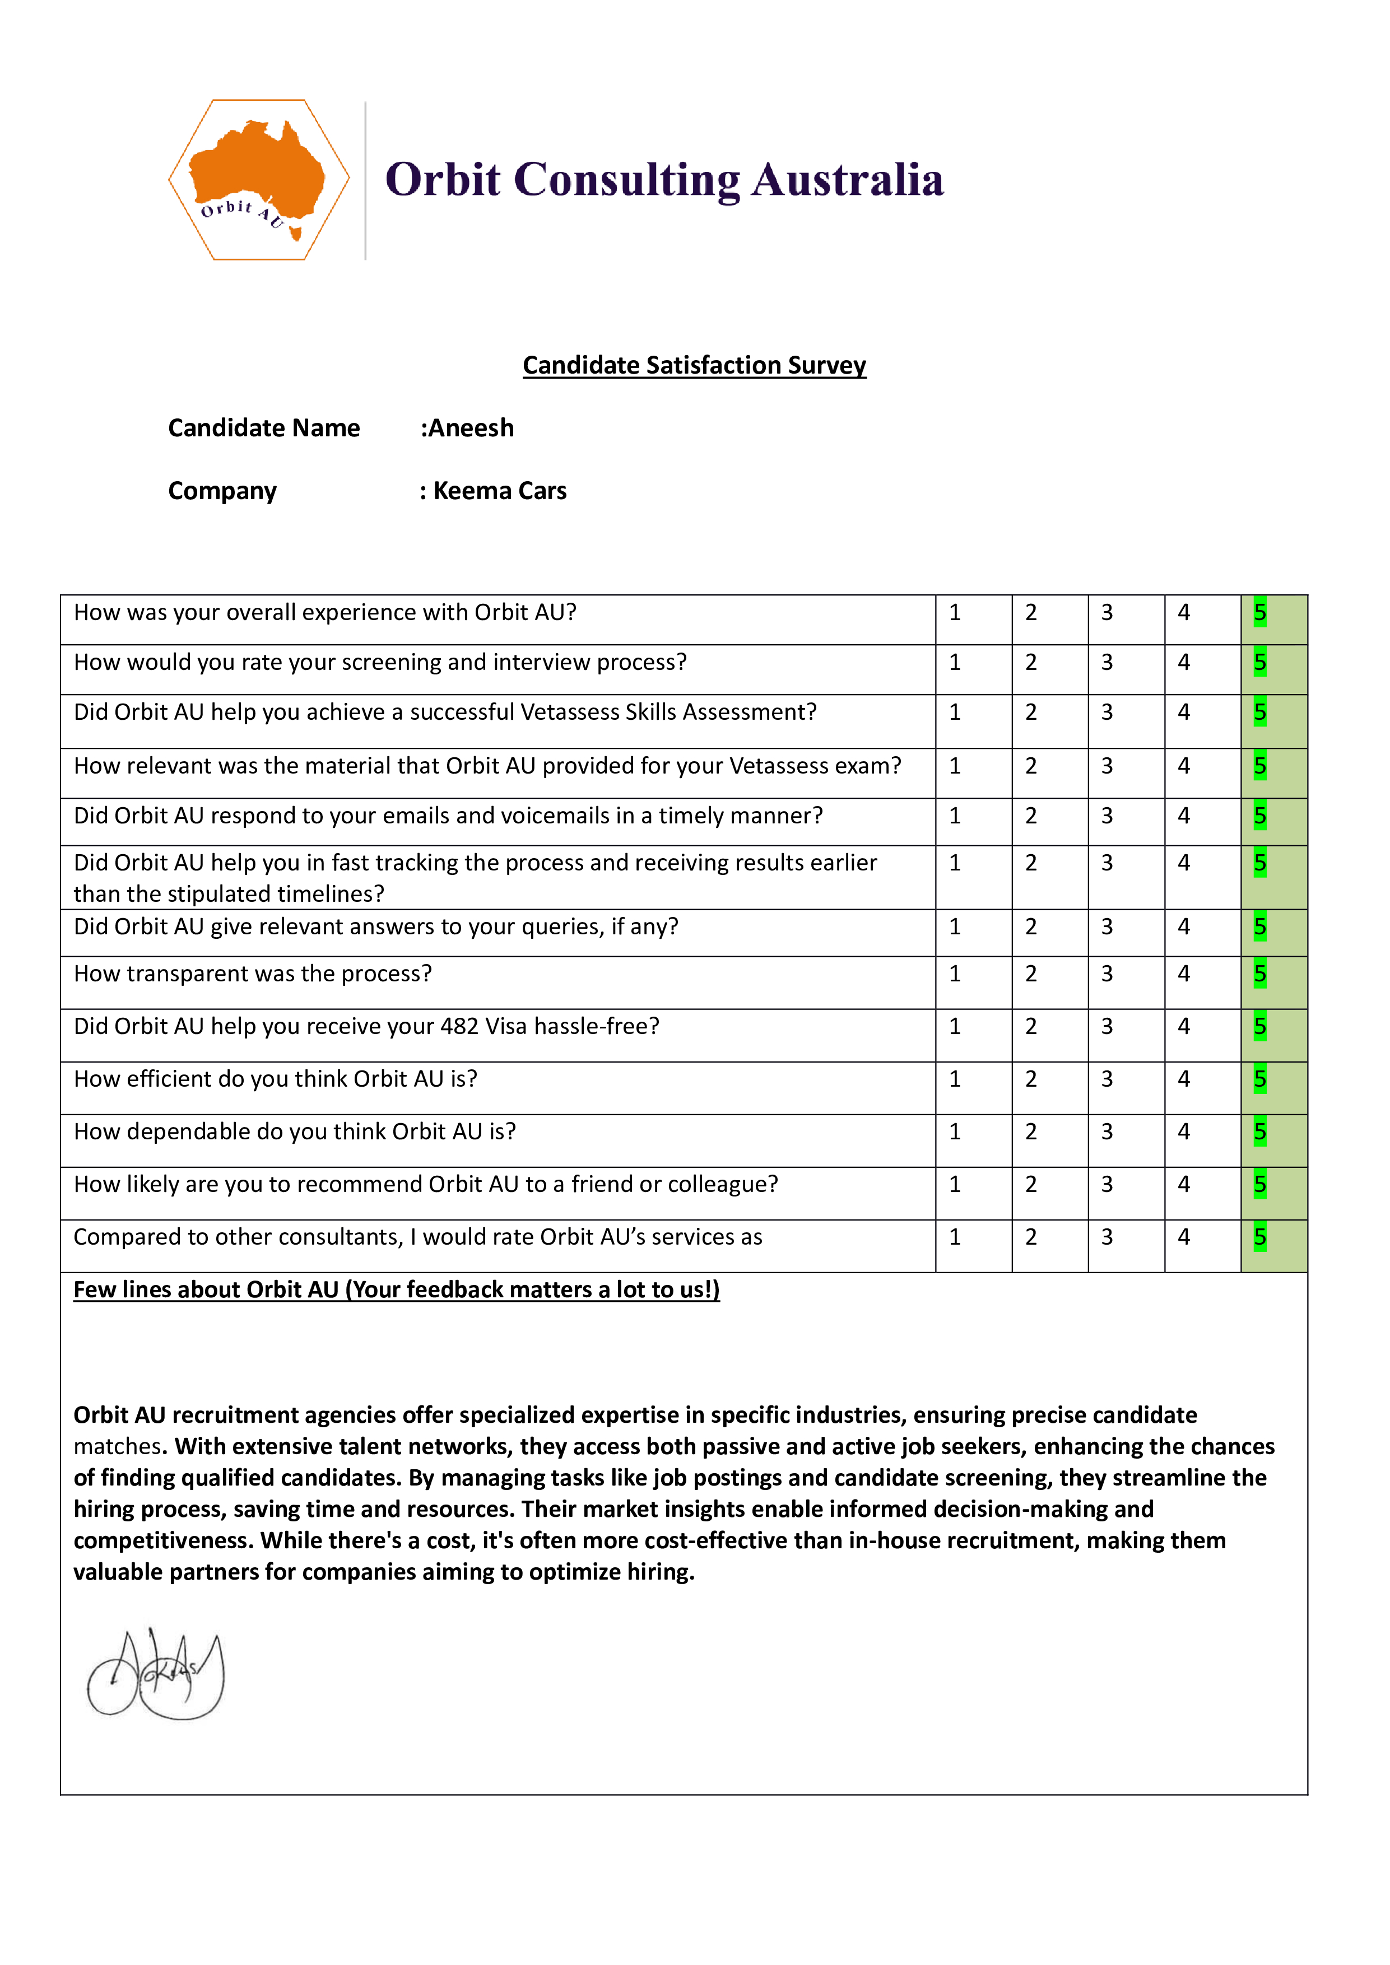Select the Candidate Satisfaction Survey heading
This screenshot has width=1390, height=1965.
694,365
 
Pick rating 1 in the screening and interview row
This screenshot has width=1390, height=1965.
955,663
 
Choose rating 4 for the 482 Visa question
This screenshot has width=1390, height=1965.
1184,1026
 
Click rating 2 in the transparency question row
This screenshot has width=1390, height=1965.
1031,974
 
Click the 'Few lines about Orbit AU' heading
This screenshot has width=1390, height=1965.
396,1290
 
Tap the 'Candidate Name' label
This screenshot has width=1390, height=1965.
264,428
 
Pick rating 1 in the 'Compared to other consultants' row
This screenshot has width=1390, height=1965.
955,1237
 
